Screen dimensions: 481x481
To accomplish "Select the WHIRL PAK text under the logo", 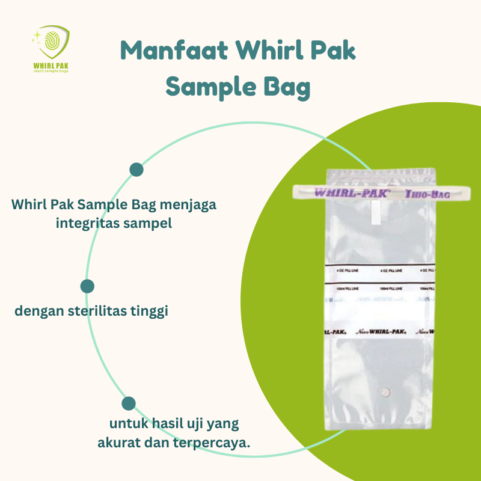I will click(51, 64).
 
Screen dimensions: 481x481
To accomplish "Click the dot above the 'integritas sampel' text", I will click(136, 170).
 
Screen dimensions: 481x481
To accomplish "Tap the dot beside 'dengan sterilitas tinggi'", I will click(87, 286).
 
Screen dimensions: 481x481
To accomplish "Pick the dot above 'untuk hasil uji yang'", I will click(129, 403).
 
